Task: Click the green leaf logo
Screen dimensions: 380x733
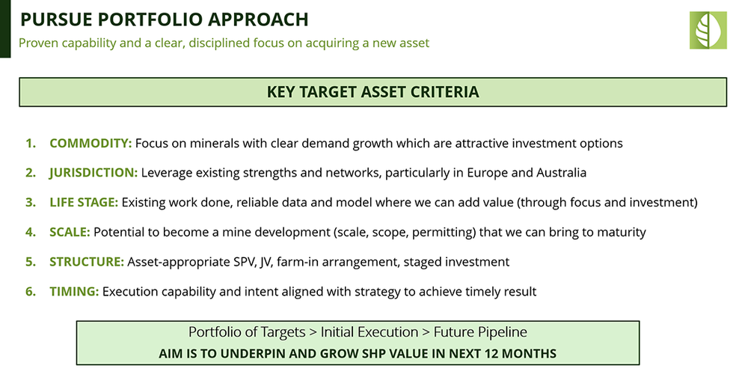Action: tap(708, 31)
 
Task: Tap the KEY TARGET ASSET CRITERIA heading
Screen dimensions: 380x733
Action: tap(372, 92)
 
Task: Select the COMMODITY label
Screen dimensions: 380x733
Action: tap(91, 143)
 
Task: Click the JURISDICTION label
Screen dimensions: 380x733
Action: tap(93, 173)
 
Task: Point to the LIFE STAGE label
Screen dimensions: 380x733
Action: tap(84, 203)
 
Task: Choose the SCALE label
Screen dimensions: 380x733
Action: tap(70, 233)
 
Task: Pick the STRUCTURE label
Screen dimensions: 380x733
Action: tap(86, 262)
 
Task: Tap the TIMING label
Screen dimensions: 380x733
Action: tap(74, 292)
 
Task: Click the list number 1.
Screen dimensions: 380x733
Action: tap(30, 143)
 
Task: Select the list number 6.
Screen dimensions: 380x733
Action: tap(30, 292)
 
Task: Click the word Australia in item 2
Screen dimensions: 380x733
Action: tap(561, 173)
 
